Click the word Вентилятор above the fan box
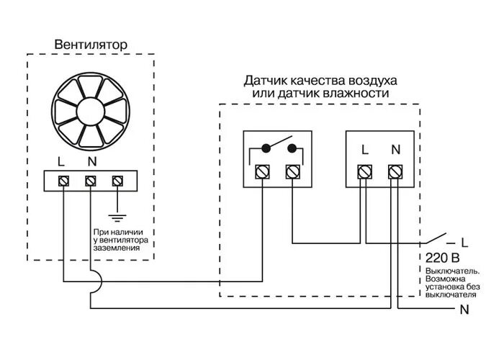(x=91, y=45)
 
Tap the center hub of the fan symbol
(x=91, y=112)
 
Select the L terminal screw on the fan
(x=63, y=180)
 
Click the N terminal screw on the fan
(x=91, y=180)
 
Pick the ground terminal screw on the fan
(x=118, y=180)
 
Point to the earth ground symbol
(x=118, y=214)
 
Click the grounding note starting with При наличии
(x=121, y=240)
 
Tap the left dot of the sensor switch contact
(x=266, y=149)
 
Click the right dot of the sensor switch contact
(x=292, y=149)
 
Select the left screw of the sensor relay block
(x=262, y=171)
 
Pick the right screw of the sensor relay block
(x=292, y=171)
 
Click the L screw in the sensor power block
(x=365, y=171)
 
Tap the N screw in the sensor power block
(x=395, y=171)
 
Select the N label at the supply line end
(x=464, y=310)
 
